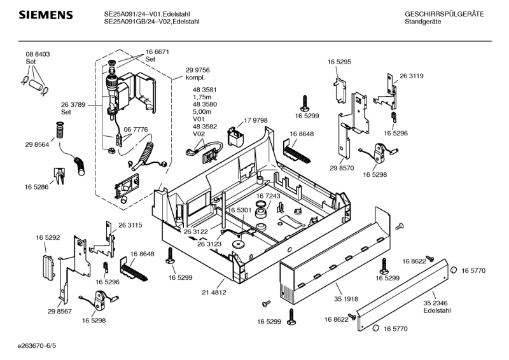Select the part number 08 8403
point(38,55)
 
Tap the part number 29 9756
point(198,70)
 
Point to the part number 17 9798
point(256,120)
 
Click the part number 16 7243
point(268,196)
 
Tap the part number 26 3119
point(412,76)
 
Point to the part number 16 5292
point(48,237)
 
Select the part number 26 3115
point(130,225)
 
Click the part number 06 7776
point(136,129)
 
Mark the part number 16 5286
point(38,187)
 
